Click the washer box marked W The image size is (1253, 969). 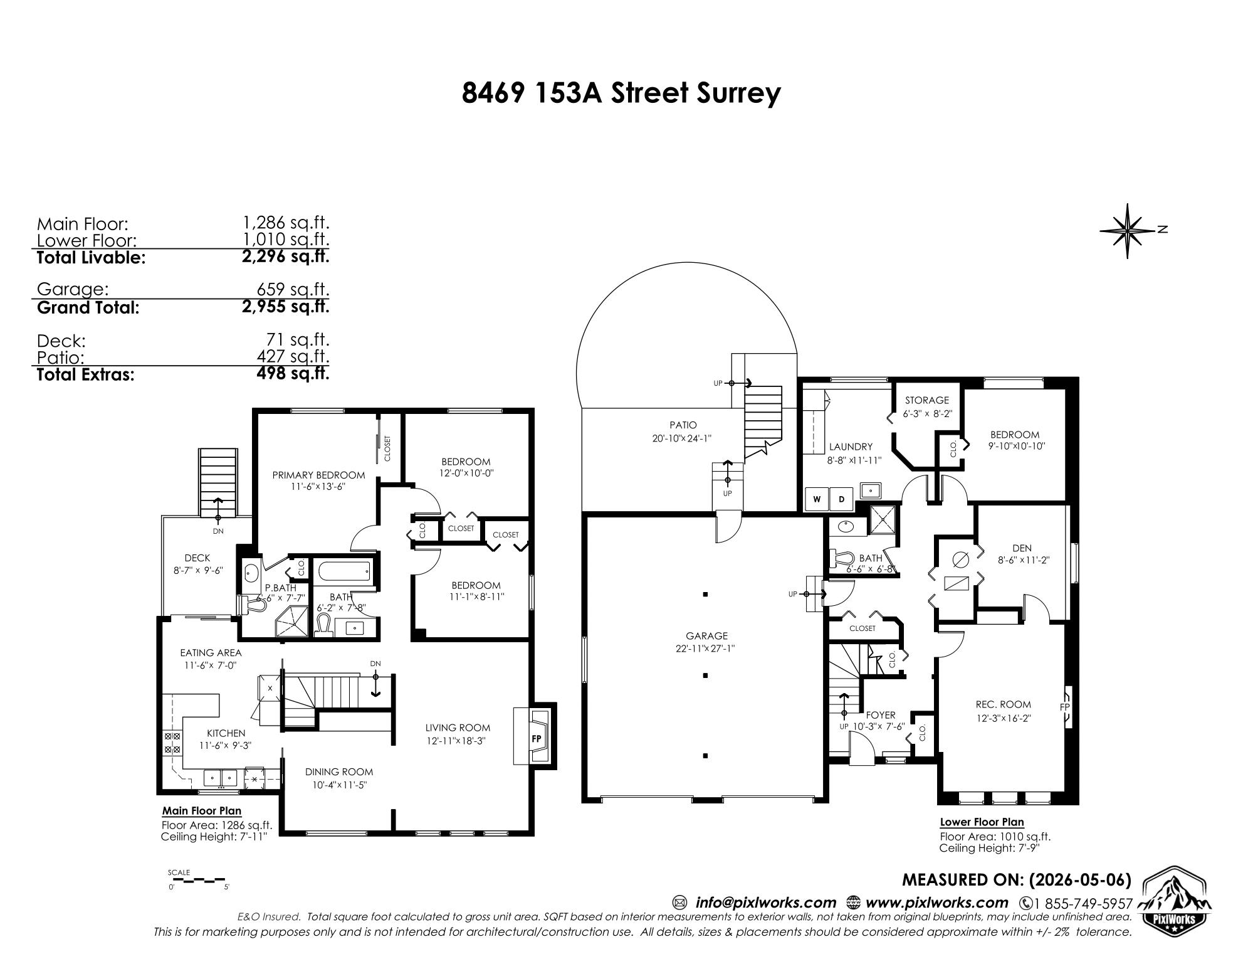coord(817,499)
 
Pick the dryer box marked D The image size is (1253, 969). coord(841,499)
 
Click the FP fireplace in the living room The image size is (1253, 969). coord(536,738)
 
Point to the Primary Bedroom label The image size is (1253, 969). coord(318,475)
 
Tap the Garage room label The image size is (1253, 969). coord(706,635)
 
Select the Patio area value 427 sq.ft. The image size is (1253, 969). coord(293,356)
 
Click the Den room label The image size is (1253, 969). coord(1022,548)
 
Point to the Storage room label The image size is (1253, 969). coord(926,400)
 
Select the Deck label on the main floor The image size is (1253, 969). coord(197,558)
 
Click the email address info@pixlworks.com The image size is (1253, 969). coord(766,903)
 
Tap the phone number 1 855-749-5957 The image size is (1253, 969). coord(1083,904)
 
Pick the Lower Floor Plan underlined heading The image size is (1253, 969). coord(982,822)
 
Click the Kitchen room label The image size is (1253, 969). coord(226,733)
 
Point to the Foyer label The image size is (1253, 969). coord(881,714)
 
